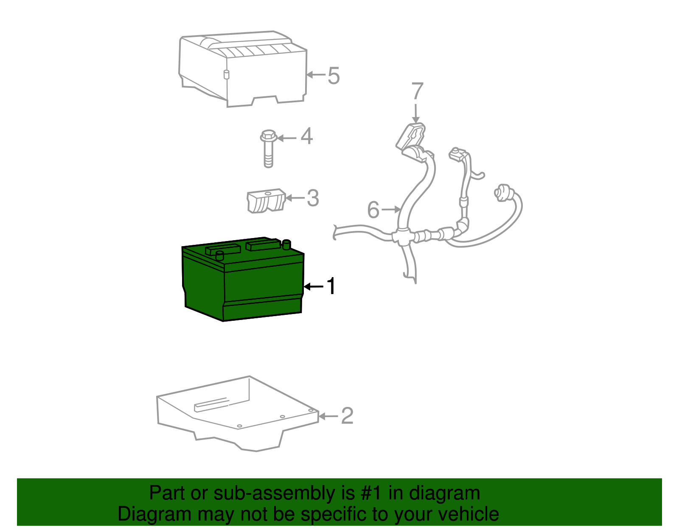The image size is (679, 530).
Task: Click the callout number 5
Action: click(x=334, y=76)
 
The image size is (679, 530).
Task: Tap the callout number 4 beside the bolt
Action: click(x=306, y=136)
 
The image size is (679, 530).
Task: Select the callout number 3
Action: click(x=313, y=198)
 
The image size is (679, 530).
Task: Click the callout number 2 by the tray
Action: click(x=347, y=416)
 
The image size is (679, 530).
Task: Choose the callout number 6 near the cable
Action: click(x=373, y=210)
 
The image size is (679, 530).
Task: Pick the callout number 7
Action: click(x=417, y=92)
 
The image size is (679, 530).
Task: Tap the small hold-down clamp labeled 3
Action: click(x=265, y=201)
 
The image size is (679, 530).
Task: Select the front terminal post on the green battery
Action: click(x=219, y=255)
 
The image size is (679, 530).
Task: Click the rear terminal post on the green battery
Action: click(x=286, y=244)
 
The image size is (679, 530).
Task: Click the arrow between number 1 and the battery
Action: click(x=313, y=287)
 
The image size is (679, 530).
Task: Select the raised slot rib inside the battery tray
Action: click(x=211, y=404)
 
